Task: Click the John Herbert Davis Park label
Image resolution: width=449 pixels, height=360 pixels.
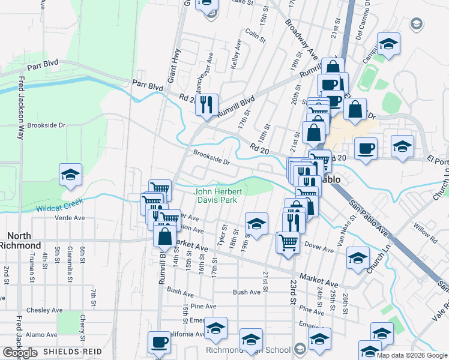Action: [x=217, y=196]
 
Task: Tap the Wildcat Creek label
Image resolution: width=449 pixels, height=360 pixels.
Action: [x=59, y=208]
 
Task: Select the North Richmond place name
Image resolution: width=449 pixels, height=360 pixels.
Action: [x=20, y=241]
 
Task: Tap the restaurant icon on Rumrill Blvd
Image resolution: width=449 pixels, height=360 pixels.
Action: [x=206, y=105]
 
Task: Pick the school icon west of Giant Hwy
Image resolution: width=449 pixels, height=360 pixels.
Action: [x=70, y=175]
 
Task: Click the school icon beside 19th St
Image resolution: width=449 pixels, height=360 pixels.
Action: [x=256, y=224]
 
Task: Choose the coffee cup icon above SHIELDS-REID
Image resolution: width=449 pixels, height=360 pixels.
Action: [x=159, y=342]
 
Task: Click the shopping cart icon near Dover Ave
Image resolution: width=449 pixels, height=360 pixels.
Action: [x=288, y=242]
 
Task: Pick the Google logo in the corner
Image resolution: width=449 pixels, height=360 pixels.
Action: [x=20, y=352]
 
